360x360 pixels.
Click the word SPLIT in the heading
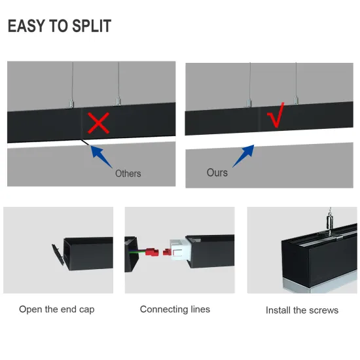pyautogui.click(x=92, y=26)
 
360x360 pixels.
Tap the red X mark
pyautogui.click(x=98, y=123)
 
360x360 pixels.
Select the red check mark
pyautogui.click(x=276, y=115)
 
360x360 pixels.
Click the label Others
pyautogui.click(x=128, y=173)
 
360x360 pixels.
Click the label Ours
pyautogui.click(x=217, y=173)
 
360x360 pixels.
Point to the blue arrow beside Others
pyautogui.click(x=101, y=156)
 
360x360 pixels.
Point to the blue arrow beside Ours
pyautogui.click(x=243, y=156)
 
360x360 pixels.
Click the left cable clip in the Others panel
pyautogui.click(x=71, y=103)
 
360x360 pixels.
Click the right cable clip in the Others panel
pyautogui.click(x=118, y=101)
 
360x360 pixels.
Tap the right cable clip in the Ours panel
pyautogui.click(x=296, y=100)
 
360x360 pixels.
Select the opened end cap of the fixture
pyautogui.click(x=58, y=255)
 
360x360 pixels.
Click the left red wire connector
pyautogui.click(x=153, y=252)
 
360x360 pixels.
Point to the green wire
pyautogui.click(x=137, y=252)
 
